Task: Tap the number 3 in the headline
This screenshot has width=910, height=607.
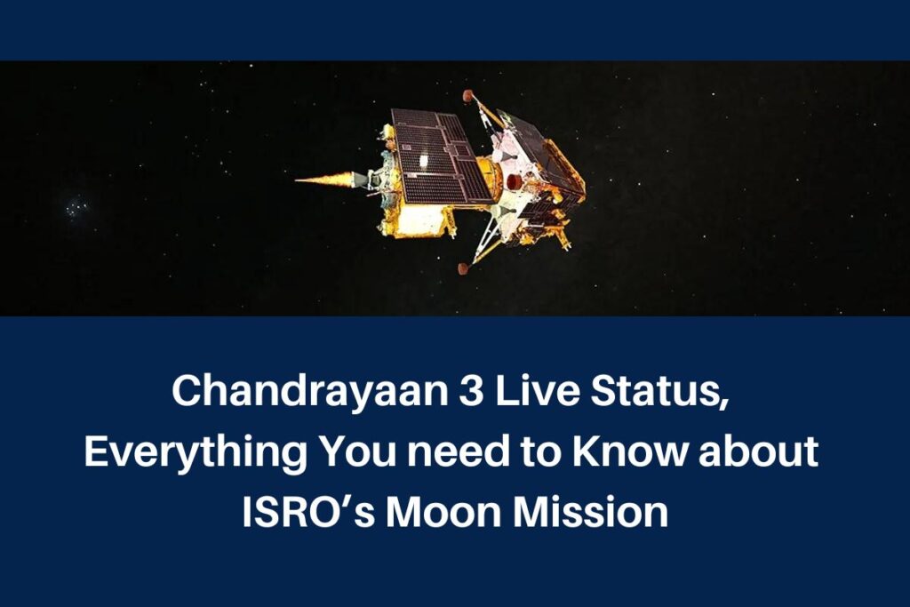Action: (x=472, y=391)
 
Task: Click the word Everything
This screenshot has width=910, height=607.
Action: (x=195, y=452)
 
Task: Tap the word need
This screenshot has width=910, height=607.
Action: (x=458, y=451)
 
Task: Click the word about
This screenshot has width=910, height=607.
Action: (x=758, y=451)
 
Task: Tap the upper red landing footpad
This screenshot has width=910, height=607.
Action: (x=468, y=95)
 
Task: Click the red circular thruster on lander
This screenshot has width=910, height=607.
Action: (x=515, y=181)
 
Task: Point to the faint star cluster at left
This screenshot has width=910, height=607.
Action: (x=75, y=206)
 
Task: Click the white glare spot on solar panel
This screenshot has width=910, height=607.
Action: (x=425, y=160)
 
